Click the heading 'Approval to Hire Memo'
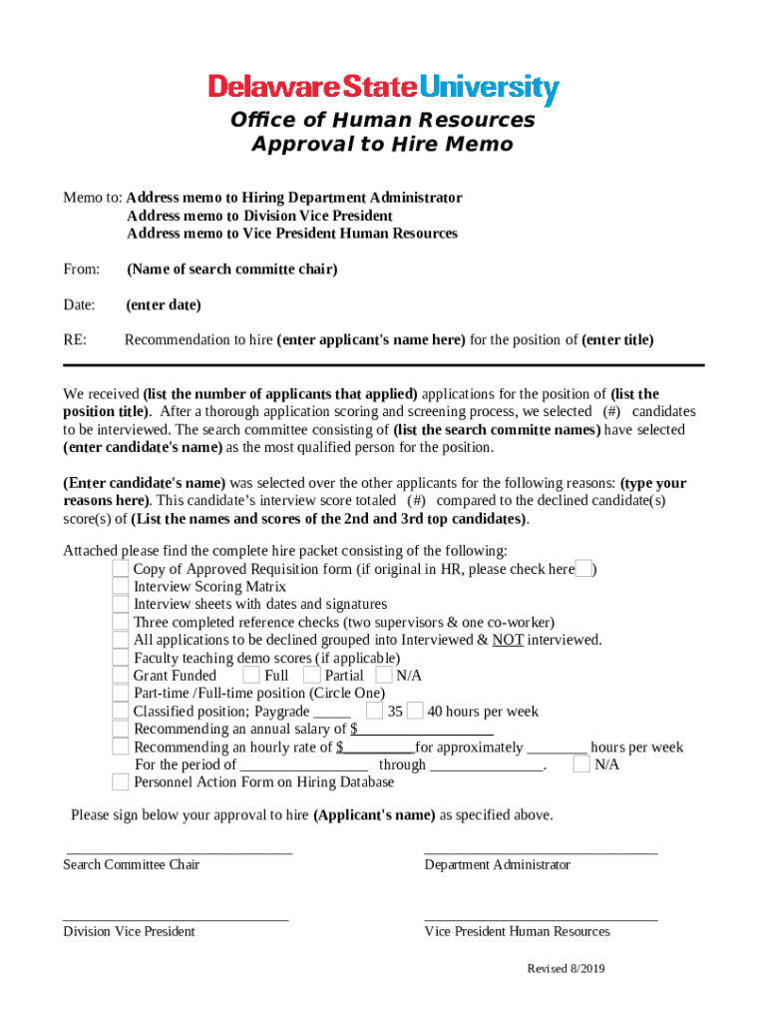(382, 145)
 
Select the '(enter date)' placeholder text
(164, 304)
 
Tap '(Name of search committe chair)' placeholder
(232, 268)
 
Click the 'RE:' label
(75, 339)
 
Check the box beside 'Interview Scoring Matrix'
(120, 587)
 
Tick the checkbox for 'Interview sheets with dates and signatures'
(120, 605)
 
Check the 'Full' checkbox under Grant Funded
(252, 676)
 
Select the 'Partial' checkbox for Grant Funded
(312, 676)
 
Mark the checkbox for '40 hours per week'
(416, 712)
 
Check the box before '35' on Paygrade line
(374, 712)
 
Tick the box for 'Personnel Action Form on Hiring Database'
(120, 782)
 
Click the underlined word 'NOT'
(508, 640)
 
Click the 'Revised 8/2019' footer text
(566, 969)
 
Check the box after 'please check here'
(584, 569)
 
